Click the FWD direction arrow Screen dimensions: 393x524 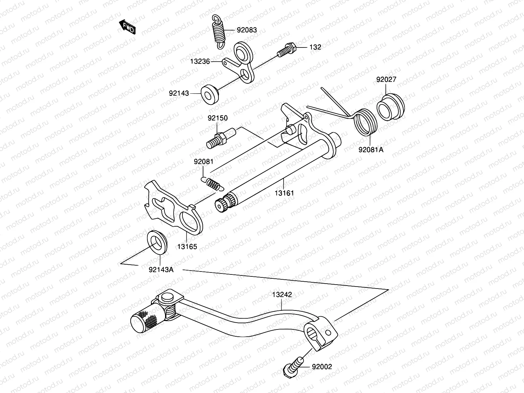pos(127,27)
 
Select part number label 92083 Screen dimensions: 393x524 pos(247,30)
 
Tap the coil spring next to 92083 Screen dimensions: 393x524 pos(219,32)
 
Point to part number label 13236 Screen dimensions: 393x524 pos(200,61)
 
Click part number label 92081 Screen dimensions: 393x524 pos(203,161)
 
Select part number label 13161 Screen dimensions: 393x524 pos(284,193)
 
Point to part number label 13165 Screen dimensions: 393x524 pos(187,247)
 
